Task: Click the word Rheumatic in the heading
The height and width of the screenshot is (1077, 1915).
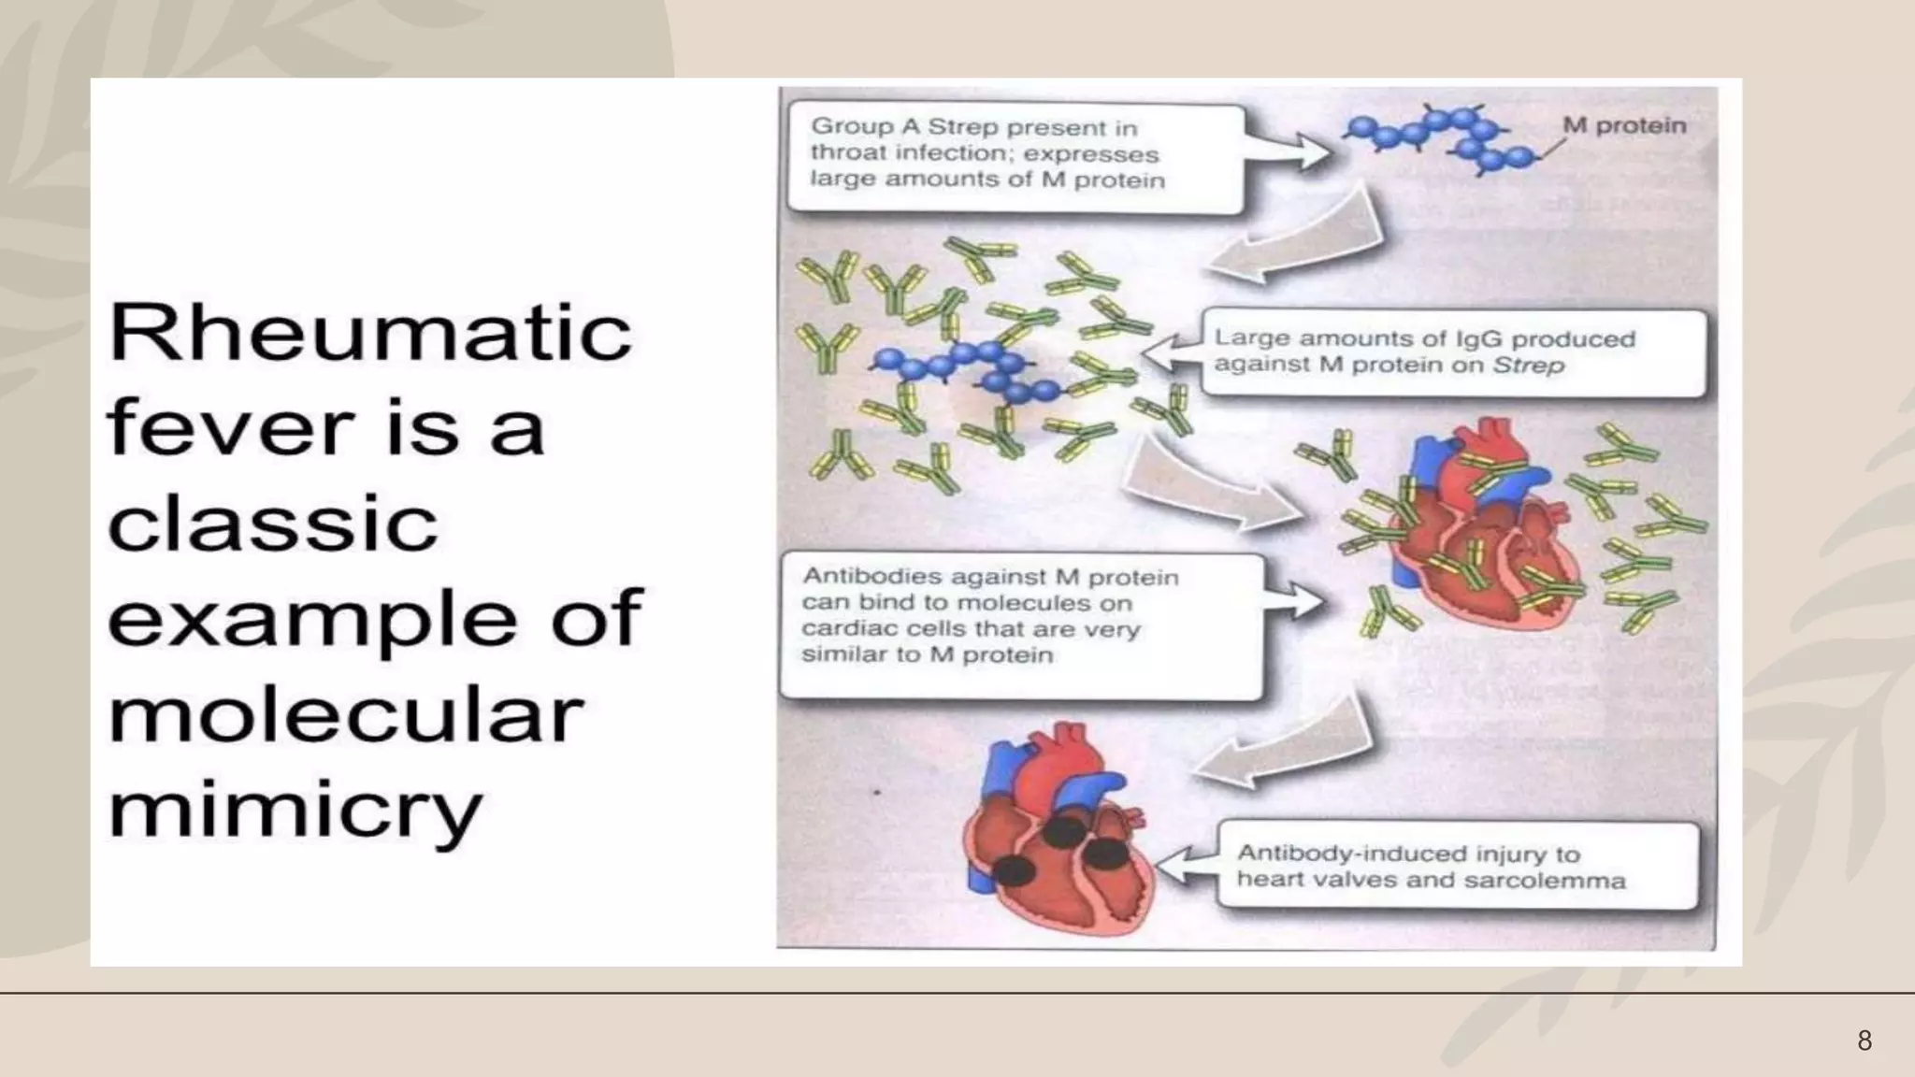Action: pos(370,334)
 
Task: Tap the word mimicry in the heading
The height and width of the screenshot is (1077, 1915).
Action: pos(295,811)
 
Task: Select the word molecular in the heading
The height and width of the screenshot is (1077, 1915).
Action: pos(346,715)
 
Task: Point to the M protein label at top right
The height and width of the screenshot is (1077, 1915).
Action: pos(1624,125)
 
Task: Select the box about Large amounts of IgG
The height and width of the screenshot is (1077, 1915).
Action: pos(1452,352)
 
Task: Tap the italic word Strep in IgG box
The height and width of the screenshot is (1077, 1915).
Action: pos(1528,366)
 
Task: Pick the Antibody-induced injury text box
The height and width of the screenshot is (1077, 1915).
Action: pos(1457,866)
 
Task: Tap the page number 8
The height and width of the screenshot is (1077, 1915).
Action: pos(1864,1041)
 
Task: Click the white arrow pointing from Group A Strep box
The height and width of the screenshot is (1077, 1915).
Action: pos(1289,150)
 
